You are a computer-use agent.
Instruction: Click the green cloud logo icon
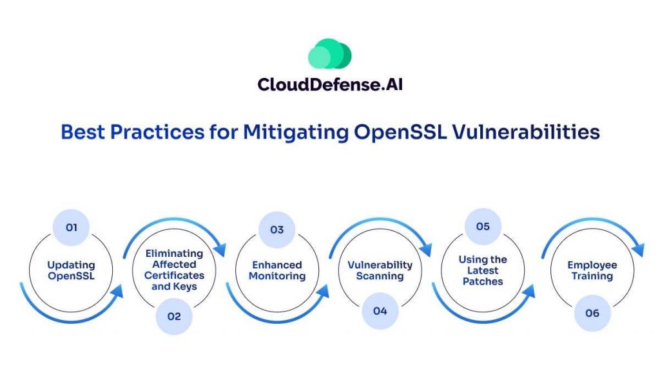(x=329, y=53)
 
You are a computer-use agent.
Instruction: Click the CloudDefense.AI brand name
(x=330, y=84)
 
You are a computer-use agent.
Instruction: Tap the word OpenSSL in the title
(x=400, y=133)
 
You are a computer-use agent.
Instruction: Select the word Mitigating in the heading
(x=296, y=133)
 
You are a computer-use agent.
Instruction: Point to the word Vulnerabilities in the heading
(x=526, y=132)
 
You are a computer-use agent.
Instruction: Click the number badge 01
(x=71, y=227)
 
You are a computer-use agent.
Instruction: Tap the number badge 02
(x=174, y=316)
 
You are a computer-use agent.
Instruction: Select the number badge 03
(x=277, y=230)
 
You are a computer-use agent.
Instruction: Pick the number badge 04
(x=380, y=311)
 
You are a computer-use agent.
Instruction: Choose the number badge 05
(x=483, y=227)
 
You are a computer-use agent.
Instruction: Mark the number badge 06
(x=592, y=314)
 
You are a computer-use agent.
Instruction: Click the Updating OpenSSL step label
(x=71, y=270)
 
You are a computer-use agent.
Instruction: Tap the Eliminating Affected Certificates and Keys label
(x=174, y=270)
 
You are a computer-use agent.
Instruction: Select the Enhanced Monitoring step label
(x=277, y=270)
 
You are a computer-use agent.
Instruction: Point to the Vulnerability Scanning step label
(x=380, y=270)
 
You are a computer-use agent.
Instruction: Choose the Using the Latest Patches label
(x=483, y=270)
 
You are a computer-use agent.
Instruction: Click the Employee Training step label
(x=592, y=270)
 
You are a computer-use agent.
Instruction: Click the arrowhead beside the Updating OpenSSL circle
(x=116, y=291)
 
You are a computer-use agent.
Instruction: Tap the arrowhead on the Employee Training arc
(x=637, y=249)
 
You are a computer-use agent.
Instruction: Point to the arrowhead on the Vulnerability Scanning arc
(x=425, y=249)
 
